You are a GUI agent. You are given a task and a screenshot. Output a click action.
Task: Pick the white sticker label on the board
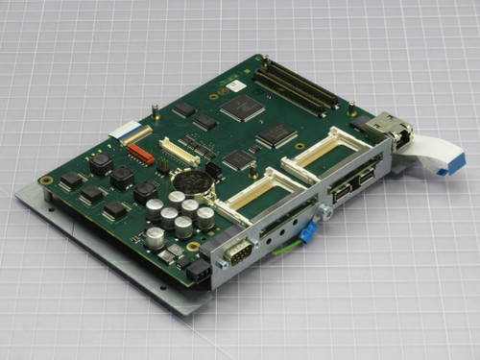click(235, 85)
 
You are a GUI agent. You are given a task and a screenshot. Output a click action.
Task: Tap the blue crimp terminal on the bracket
click(308, 234)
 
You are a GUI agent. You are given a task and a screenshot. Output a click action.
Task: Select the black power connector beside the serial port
click(199, 273)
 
